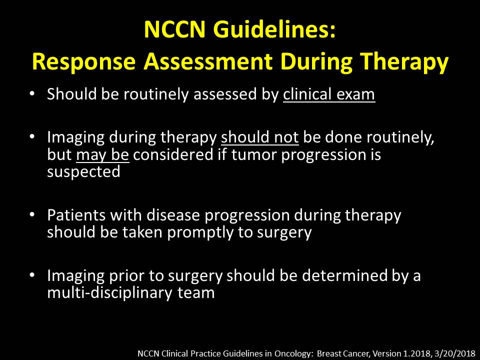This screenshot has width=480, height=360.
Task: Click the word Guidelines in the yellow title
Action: [274, 29]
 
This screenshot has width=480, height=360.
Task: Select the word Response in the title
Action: [84, 61]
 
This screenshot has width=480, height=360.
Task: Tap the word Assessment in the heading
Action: [208, 61]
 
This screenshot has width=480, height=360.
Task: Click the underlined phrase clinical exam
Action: [329, 94]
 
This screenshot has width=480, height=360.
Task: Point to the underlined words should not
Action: [259, 137]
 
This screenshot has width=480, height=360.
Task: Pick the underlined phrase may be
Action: [102, 154]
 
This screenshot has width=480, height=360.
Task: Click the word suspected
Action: [83, 171]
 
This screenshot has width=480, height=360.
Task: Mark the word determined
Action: [344, 275]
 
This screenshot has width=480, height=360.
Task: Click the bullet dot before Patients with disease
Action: [32, 214]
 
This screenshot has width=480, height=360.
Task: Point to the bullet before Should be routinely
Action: [32, 93]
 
